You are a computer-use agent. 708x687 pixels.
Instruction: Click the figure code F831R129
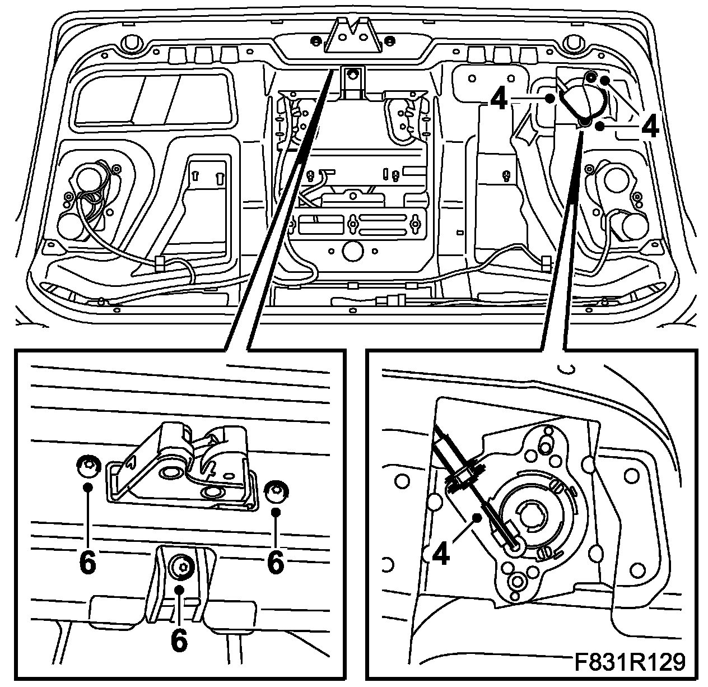(629, 662)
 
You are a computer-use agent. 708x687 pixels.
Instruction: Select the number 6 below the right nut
(275, 561)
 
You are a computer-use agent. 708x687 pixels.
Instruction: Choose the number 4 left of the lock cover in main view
(499, 99)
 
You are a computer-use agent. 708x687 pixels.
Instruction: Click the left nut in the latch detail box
(87, 465)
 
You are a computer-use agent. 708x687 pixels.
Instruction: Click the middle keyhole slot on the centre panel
(353, 225)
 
